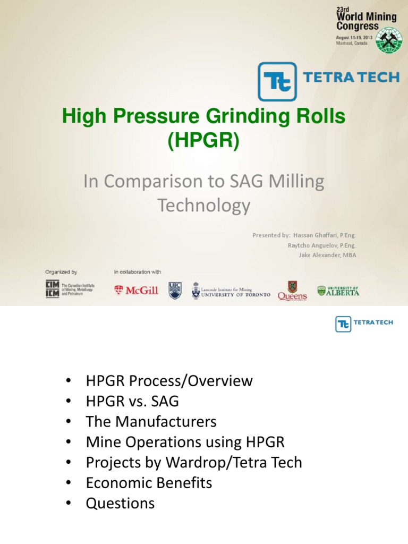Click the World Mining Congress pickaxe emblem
click(x=389, y=40)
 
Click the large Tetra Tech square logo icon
click(x=277, y=82)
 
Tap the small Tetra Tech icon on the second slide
click(x=343, y=324)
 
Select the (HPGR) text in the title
click(x=204, y=141)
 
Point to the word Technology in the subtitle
click(x=204, y=205)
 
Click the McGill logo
click(x=136, y=290)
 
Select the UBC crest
click(x=175, y=290)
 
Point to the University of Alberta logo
click(x=338, y=291)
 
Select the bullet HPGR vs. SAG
click(x=132, y=401)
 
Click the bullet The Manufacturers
click(x=151, y=422)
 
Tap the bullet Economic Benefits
click(x=149, y=483)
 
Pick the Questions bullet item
click(x=120, y=503)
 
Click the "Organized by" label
click(x=61, y=272)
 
